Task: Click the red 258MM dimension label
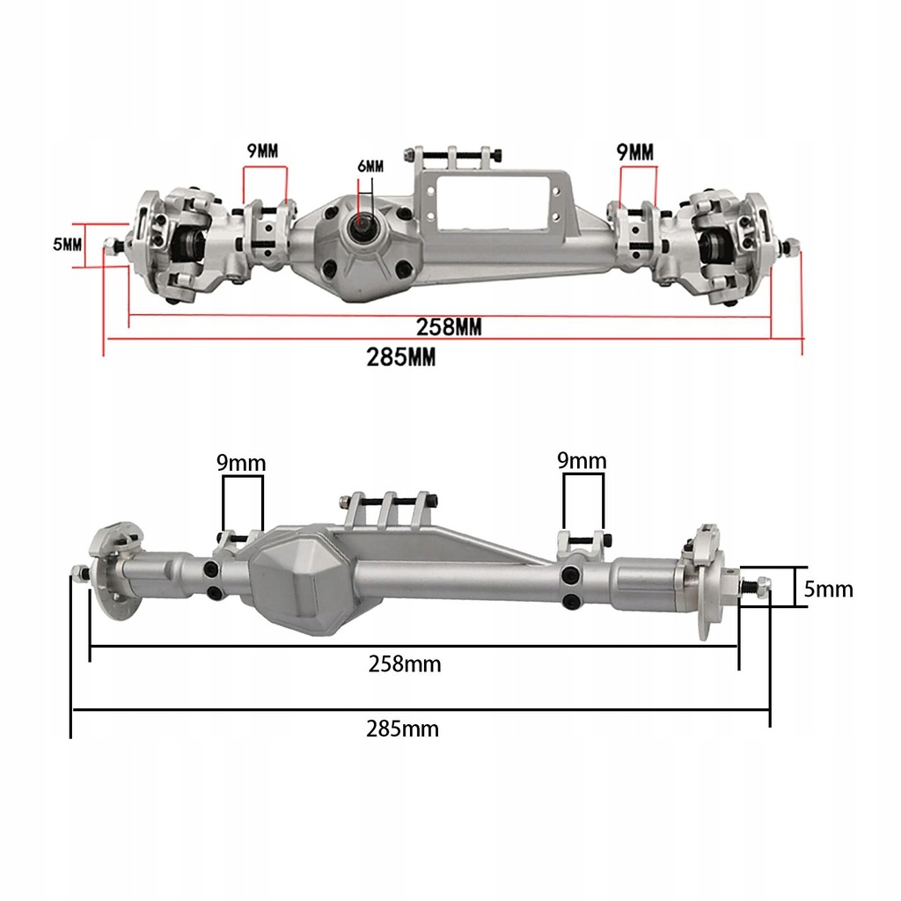449,326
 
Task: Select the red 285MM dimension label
401,357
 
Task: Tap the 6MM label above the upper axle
370,166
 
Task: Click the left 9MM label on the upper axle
261,150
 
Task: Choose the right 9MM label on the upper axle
635,151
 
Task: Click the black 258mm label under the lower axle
405,664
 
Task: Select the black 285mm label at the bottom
402,729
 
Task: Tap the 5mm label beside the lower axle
829,589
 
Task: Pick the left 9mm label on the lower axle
241,463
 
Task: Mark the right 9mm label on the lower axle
582,460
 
